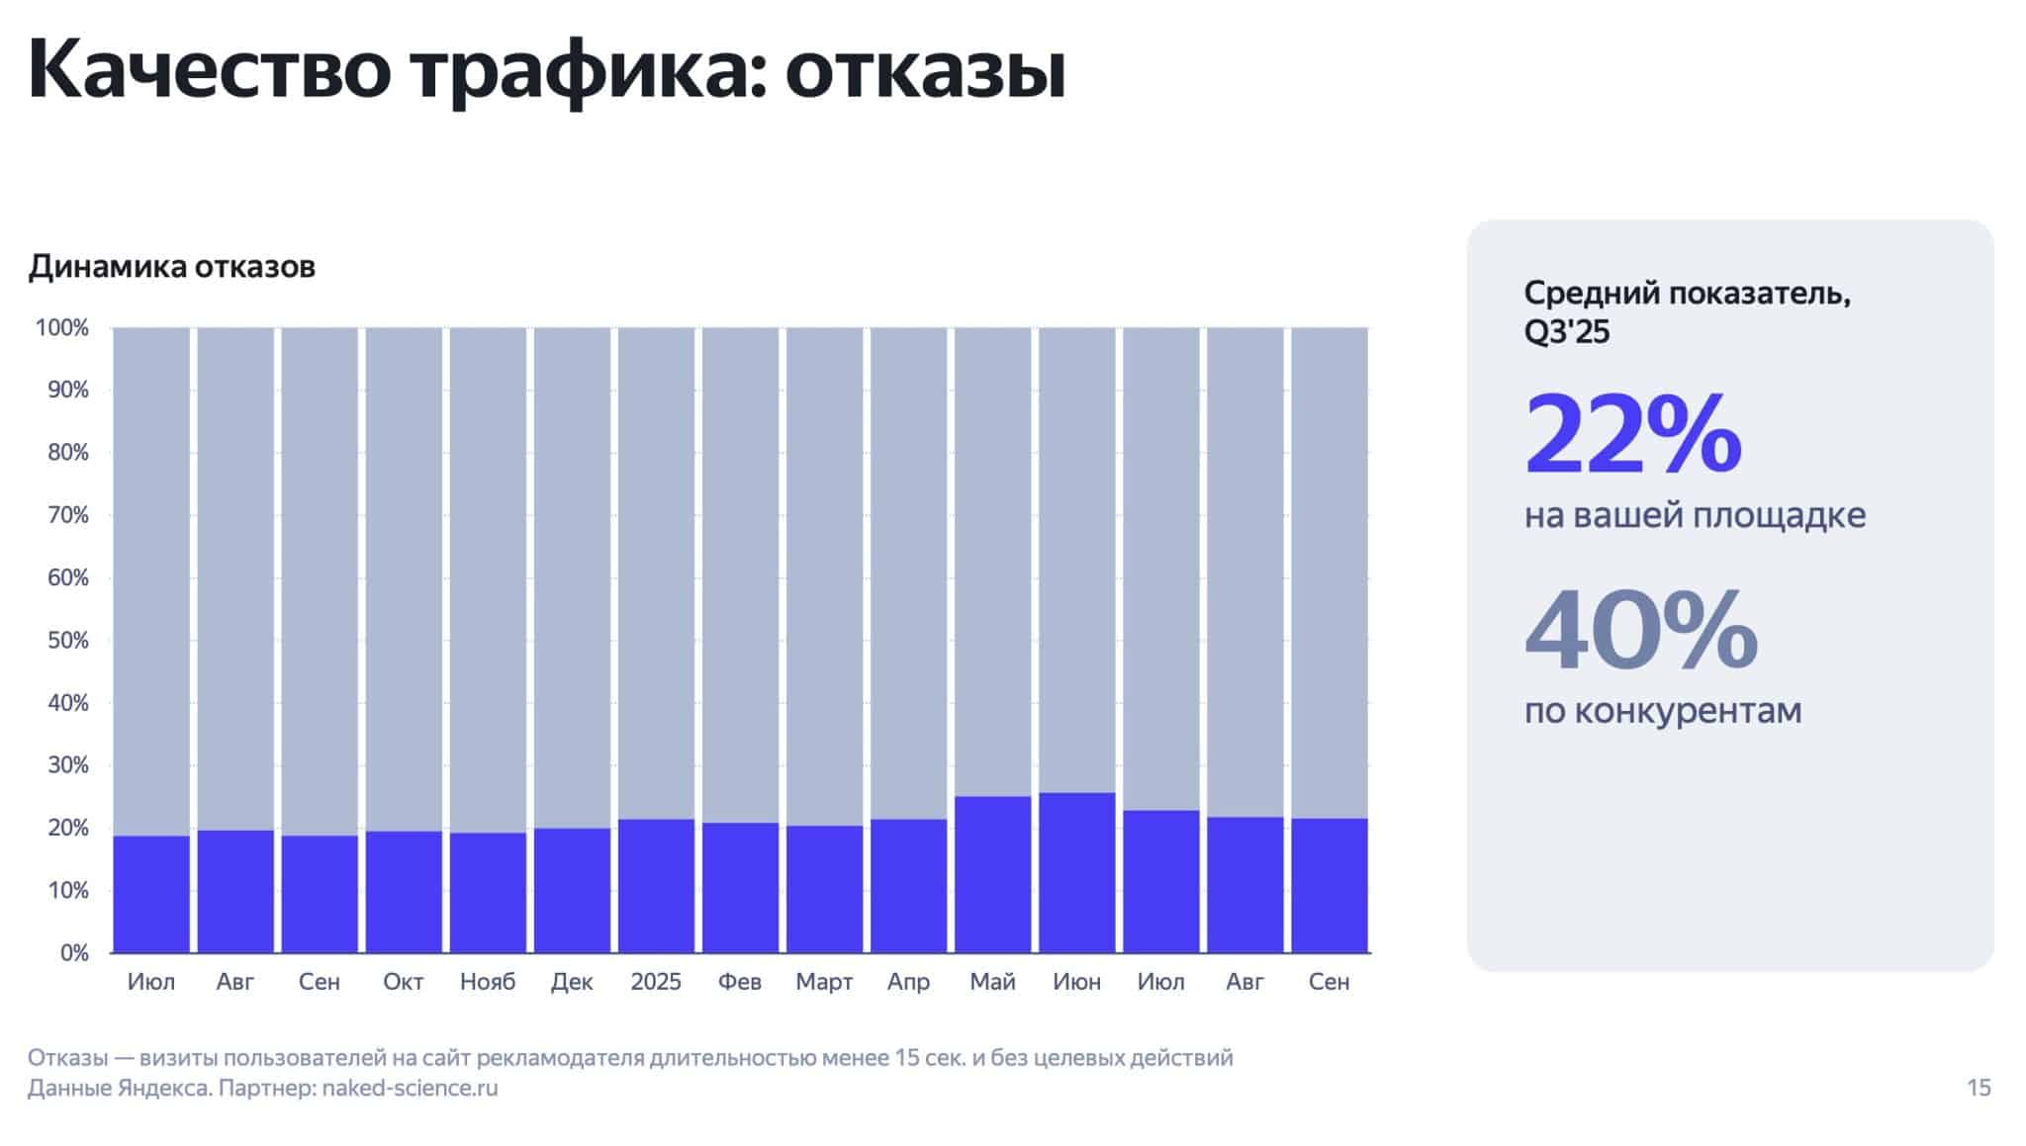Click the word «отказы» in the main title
point(925,71)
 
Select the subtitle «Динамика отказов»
point(171,267)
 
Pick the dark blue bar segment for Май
point(992,874)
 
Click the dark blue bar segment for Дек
point(572,890)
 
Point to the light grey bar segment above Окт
point(404,578)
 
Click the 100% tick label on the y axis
point(62,328)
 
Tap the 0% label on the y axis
point(74,953)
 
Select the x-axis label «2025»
point(656,982)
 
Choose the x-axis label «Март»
point(824,982)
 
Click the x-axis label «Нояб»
point(488,982)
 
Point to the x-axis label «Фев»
point(740,982)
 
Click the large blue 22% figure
point(1633,434)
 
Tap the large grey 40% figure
point(1641,630)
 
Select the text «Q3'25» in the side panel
point(1567,332)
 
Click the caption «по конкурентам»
point(1663,710)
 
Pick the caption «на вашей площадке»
point(1695,515)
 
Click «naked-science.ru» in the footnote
point(410,1089)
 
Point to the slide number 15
point(1979,1089)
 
